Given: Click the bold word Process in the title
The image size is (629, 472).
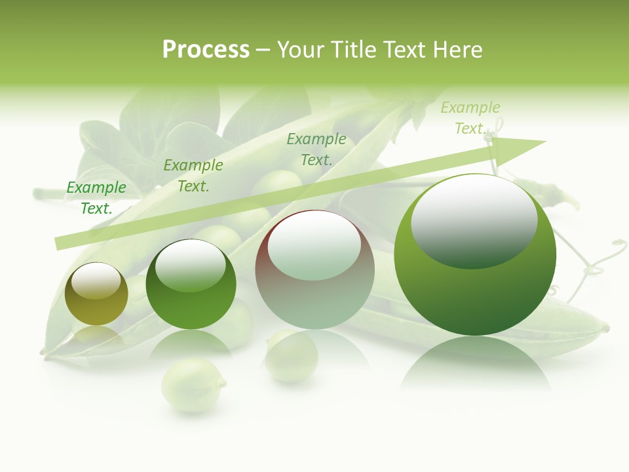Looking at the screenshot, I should (x=206, y=49).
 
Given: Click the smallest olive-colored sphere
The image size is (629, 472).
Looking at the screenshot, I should (x=96, y=294).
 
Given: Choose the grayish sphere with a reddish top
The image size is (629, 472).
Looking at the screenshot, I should (x=314, y=270).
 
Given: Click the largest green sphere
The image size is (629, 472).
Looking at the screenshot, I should (x=475, y=254).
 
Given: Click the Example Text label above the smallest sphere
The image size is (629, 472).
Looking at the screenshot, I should (x=96, y=197).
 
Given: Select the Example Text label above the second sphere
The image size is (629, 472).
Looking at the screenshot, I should (x=193, y=175).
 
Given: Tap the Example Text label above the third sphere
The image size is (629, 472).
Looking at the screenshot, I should (x=316, y=149).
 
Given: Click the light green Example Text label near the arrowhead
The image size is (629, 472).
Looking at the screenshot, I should (x=470, y=117).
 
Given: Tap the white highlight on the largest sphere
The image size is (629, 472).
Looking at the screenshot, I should (x=474, y=220).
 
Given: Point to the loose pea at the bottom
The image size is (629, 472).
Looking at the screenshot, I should (x=193, y=384).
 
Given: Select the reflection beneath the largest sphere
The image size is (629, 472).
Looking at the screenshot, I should (x=475, y=364).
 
